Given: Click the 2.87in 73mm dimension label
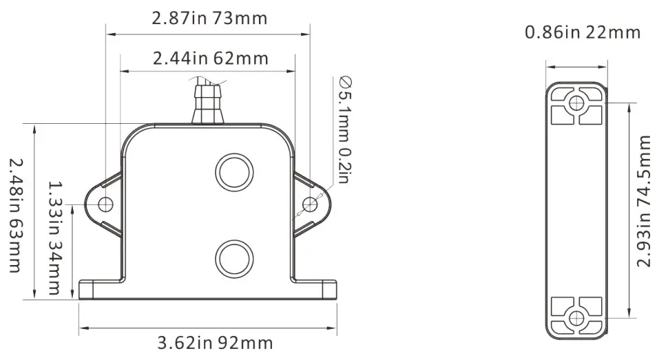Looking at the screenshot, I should pyautogui.click(x=209, y=18).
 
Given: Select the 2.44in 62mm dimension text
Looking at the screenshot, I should pyautogui.click(x=210, y=58).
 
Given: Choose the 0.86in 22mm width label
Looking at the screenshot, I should pyautogui.click(x=582, y=32).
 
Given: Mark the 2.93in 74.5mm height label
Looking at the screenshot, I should pyautogui.click(x=644, y=201).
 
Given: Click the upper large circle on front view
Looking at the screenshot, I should pyautogui.click(x=233, y=172).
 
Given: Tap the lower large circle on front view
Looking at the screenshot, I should pyautogui.click(x=233, y=259).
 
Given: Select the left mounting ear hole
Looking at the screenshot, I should pyautogui.click(x=105, y=204).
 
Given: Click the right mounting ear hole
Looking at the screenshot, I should pyautogui.click(x=311, y=204).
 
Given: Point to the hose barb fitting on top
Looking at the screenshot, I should pyautogui.click(x=208, y=102).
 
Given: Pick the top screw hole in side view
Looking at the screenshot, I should pyautogui.click(x=576, y=104).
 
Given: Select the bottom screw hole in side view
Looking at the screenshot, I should pyautogui.click(x=576, y=317).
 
